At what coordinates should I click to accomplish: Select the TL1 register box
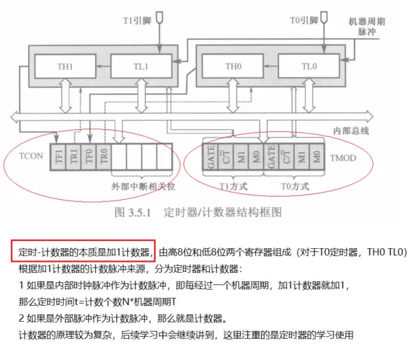tap(140, 65)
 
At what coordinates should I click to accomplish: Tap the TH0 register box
tap(233, 65)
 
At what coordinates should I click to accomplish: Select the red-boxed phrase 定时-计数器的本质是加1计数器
tap(82, 252)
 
